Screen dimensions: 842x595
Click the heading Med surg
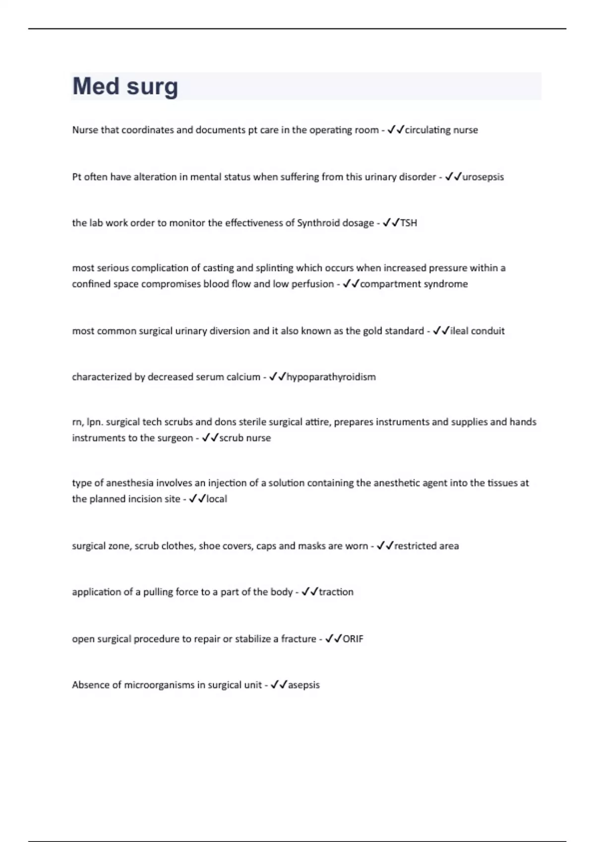[125, 86]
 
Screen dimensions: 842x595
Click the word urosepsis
[483, 177]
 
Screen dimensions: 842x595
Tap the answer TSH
[409, 223]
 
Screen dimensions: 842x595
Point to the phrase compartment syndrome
[414, 284]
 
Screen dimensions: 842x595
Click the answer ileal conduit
[477, 331]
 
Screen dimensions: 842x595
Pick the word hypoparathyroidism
[331, 377]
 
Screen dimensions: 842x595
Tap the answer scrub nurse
[245, 438]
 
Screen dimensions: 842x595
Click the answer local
[217, 499]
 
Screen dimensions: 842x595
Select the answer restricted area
[426, 546]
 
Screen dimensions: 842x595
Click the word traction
[336, 592]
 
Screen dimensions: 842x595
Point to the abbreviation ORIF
[353, 639]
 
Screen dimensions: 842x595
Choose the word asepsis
[304, 685]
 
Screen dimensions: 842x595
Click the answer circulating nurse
[441, 130]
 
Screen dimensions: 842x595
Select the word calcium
[243, 377]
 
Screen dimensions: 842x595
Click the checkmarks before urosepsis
[453, 177]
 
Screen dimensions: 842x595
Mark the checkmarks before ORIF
[333, 639]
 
